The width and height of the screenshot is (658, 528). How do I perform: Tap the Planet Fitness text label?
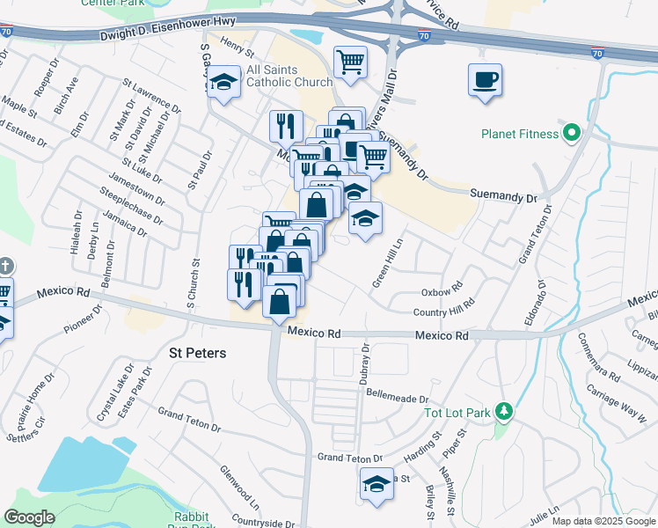coord(519,135)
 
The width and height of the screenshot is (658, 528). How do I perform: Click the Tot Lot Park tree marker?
coord(504,411)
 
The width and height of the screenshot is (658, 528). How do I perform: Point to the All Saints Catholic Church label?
coord(289,77)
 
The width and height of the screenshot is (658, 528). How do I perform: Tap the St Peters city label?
coord(197,353)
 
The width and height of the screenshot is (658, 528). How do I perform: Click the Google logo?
coord(30,517)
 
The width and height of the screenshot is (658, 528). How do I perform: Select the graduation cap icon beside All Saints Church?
coord(225,83)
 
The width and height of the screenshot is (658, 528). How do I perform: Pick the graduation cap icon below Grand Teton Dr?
coord(377,483)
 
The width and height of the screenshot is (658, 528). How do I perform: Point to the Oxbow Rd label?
coord(442,291)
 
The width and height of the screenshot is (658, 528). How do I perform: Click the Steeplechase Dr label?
coord(132,204)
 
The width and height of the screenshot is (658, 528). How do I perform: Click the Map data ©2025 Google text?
coord(603,521)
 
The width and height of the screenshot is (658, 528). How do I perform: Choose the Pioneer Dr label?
coord(84,319)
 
